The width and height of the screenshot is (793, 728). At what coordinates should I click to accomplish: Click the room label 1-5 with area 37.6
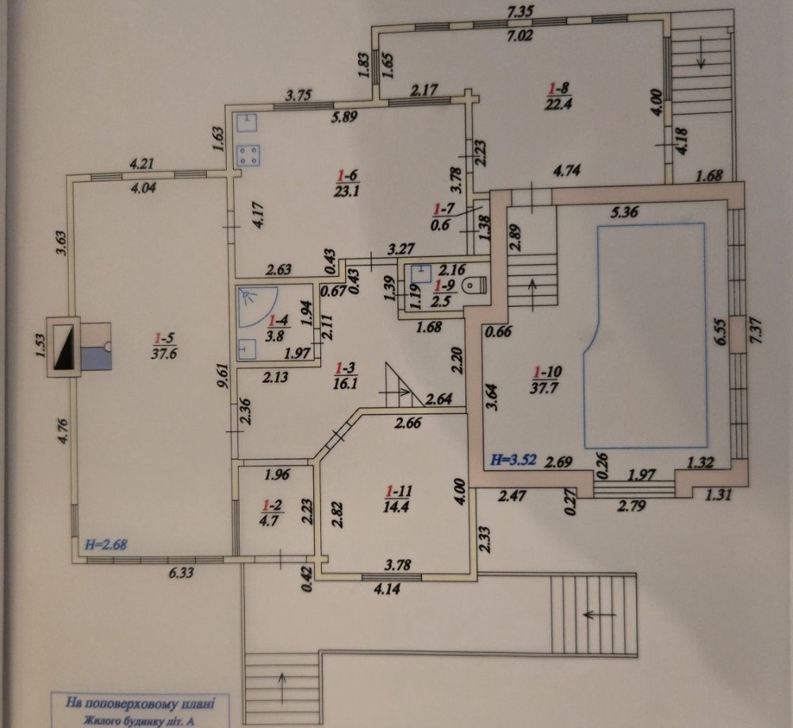[164, 344]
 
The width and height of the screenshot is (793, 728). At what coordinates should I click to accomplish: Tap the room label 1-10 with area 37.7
[547, 380]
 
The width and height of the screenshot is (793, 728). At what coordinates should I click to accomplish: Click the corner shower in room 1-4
[258, 307]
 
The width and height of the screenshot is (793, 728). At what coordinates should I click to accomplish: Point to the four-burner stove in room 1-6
[248, 155]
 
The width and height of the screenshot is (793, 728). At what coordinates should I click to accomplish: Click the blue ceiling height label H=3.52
[514, 461]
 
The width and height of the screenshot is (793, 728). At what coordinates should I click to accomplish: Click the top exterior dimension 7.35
[519, 10]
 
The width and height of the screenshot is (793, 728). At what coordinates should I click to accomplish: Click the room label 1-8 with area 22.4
[559, 96]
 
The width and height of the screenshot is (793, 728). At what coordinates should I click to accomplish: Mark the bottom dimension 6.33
[181, 573]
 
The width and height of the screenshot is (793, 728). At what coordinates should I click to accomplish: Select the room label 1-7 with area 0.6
[442, 216]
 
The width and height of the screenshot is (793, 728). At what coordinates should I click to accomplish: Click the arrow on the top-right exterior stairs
[701, 59]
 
